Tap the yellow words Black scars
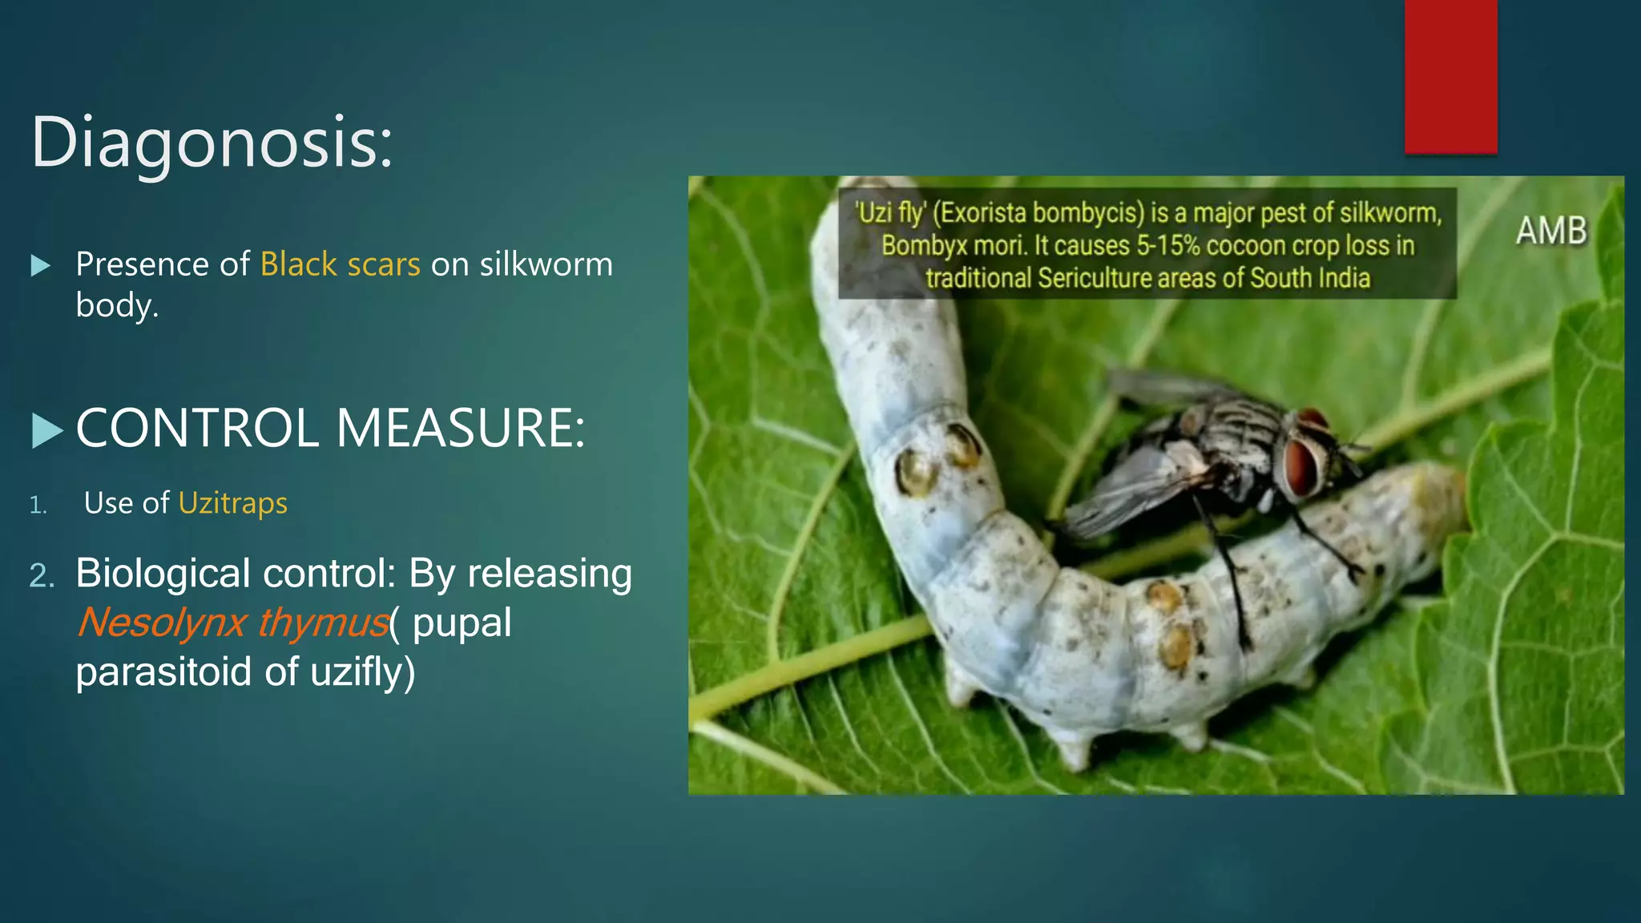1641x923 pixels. (x=340, y=264)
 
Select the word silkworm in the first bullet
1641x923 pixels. (x=546, y=264)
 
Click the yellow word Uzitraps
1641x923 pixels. (x=232, y=503)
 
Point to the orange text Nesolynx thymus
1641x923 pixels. (x=233, y=623)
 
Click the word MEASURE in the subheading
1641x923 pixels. (x=460, y=428)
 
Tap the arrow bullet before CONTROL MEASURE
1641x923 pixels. (x=46, y=431)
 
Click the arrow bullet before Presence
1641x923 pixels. (x=40, y=266)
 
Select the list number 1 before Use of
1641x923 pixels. (x=38, y=505)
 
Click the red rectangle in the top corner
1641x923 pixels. (x=1450, y=76)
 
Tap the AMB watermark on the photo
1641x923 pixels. (x=1551, y=231)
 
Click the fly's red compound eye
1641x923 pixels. (x=1302, y=464)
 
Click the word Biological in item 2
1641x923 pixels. (x=163, y=574)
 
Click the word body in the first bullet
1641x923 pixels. (x=114, y=305)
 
